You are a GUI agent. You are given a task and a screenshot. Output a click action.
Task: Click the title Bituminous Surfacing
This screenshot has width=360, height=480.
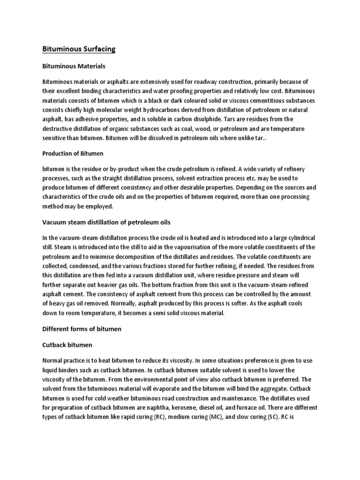[79, 49]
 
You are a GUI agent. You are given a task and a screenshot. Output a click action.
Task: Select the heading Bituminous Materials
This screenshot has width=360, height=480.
[74, 66]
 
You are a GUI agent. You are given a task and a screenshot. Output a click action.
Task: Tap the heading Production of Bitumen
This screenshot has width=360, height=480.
[73, 154]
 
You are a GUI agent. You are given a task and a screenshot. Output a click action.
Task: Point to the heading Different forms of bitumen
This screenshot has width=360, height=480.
[82, 329]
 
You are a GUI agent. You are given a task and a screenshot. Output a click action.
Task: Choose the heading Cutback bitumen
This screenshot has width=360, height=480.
[67, 345]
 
